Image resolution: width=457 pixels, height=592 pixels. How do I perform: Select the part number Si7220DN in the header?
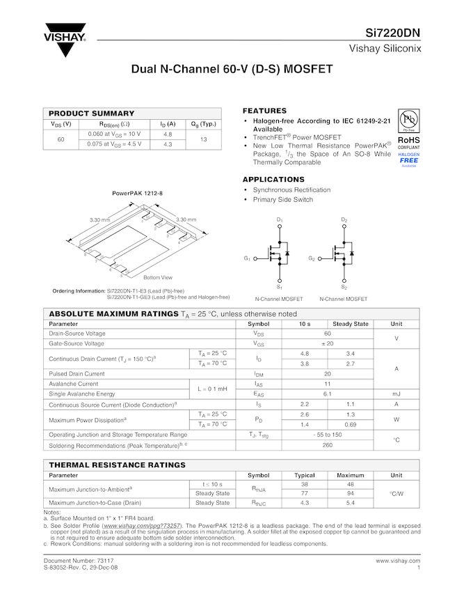pos(393,33)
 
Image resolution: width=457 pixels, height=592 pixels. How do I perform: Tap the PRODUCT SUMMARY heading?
pos(91,113)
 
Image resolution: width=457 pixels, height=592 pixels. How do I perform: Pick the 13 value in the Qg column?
pos(204,139)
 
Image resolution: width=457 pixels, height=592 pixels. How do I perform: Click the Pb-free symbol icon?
pos(408,119)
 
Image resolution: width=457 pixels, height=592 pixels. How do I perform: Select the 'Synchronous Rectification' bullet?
pos(291,189)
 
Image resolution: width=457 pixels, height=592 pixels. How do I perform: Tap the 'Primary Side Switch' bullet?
pos(282,199)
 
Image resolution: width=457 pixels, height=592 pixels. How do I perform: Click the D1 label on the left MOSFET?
pos(280,220)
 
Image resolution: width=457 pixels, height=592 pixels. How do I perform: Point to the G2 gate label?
pos(312,258)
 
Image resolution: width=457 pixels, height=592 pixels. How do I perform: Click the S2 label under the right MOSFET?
pos(344,286)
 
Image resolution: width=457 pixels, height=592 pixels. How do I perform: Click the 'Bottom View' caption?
pos(158,277)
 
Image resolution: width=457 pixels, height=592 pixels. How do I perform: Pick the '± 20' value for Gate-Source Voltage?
pos(328,343)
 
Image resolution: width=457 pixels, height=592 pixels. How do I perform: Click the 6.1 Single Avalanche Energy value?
pos(328,394)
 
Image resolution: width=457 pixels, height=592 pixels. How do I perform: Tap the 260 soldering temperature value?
pos(328,444)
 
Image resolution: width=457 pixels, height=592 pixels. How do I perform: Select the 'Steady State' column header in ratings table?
pos(351,324)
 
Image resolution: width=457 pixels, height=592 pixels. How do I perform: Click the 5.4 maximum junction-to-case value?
pos(351,502)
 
